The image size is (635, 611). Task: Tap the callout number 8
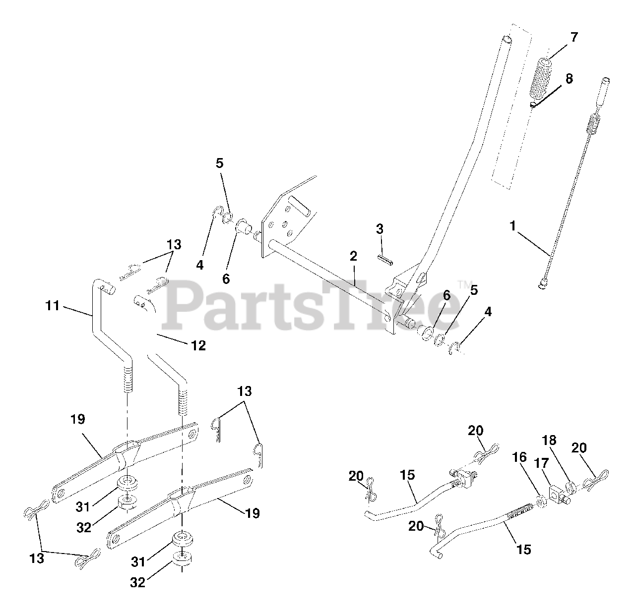pos(569,79)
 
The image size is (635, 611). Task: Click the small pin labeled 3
pos(385,259)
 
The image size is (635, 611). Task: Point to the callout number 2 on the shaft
pos(353,257)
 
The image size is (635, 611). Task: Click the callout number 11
pos(52,306)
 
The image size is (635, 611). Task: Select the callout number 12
pos(198,345)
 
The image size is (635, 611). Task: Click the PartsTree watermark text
pos(313,305)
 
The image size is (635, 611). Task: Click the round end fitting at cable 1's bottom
pos(543,284)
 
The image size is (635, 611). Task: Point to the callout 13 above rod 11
pos(174,245)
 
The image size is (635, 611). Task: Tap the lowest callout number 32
pos(137,583)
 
